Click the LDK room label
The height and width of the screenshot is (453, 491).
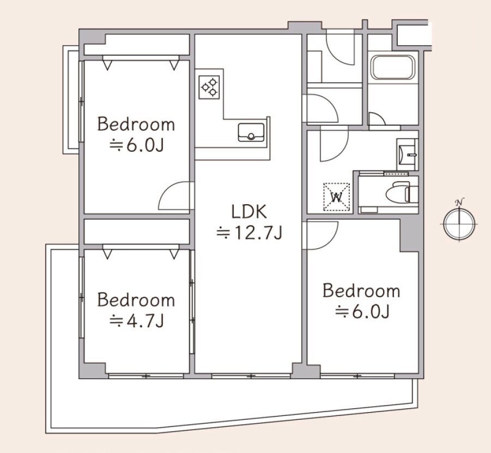pos(249,211)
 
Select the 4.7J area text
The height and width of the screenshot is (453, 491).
pos(137,321)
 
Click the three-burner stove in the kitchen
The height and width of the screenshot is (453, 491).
pos(209,87)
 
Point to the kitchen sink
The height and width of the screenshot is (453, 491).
pos(251,132)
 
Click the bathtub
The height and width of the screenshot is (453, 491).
pos(393,68)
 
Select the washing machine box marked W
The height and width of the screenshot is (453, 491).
pos(337,197)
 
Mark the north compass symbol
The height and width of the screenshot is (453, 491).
pos(459,224)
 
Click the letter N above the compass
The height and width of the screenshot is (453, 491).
pos(459,202)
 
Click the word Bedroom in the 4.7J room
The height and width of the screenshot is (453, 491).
pos(136,299)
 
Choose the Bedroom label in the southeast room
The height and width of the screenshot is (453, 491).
pos(361,291)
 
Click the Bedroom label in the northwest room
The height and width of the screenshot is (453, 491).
pos(136,124)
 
